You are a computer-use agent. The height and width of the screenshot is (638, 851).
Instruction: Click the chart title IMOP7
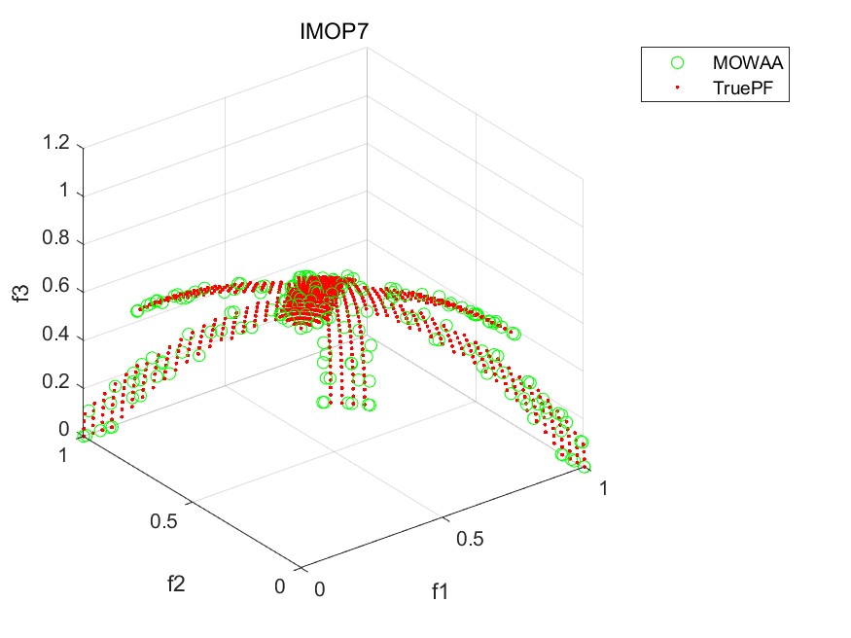click(x=332, y=32)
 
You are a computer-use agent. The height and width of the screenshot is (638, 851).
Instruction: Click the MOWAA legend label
click(x=748, y=63)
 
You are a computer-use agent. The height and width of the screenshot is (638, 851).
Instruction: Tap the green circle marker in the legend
click(x=678, y=63)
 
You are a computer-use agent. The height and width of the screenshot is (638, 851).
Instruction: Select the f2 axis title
click(x=176, y=584)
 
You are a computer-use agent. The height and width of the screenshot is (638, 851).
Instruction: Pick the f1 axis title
click(x=442, y=589)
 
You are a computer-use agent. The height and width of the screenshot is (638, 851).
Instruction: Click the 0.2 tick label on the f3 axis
click(x=55, y=382)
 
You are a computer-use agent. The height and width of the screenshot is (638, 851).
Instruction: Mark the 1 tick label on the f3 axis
click(x=64, y=192)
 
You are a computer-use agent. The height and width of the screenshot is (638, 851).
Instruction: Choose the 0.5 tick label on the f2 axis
click(x=163, y=520)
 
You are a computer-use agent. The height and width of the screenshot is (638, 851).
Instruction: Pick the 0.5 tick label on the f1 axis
click(x=471, y=538)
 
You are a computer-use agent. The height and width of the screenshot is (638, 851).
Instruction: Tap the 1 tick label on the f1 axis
click(x=604, y=488)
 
